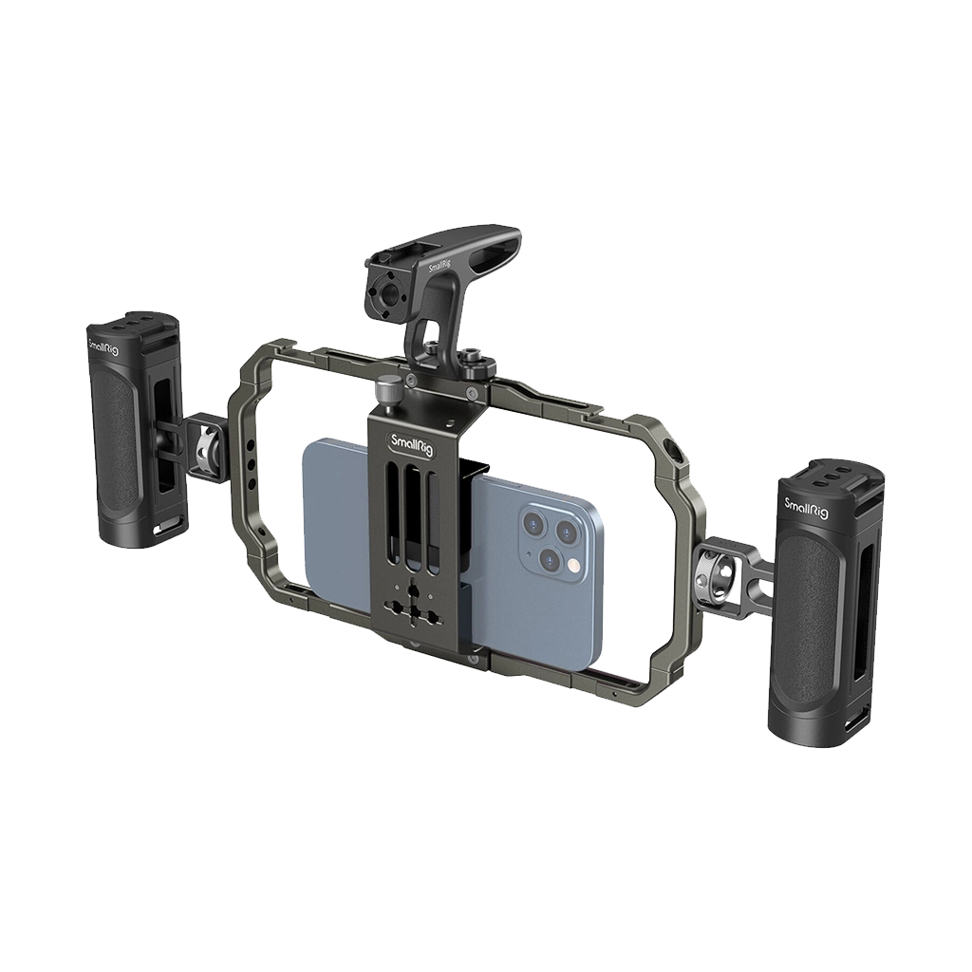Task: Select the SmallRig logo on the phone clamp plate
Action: pos(410,443)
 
